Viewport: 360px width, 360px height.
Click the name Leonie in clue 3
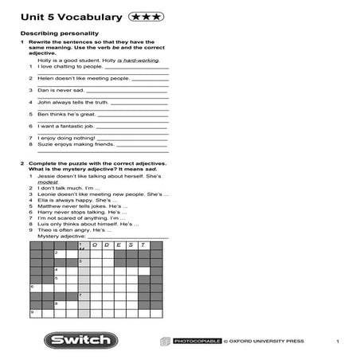tap(47, 194)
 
